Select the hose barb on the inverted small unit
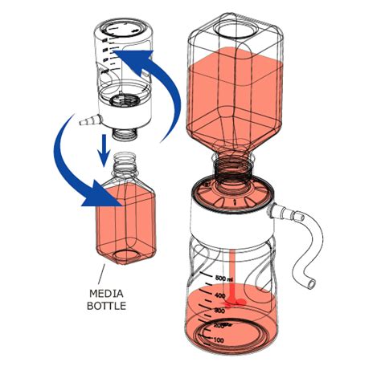click(x=84, y=123)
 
